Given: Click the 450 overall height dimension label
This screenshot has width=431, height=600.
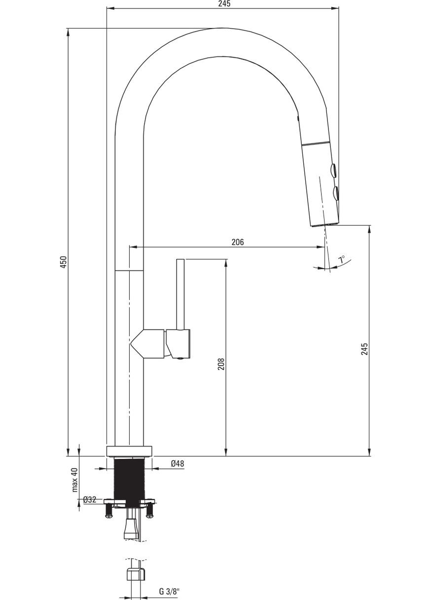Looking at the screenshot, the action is point(64,262).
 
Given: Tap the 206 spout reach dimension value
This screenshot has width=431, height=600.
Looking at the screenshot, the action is point(238,242).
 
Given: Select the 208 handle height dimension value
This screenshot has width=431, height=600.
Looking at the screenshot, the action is point(221,364).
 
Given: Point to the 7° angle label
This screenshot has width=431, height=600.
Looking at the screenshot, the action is point(342,260).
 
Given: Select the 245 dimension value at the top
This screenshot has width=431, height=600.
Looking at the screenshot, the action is point(224,4).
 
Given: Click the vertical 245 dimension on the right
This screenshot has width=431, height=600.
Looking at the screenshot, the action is point(364,349).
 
